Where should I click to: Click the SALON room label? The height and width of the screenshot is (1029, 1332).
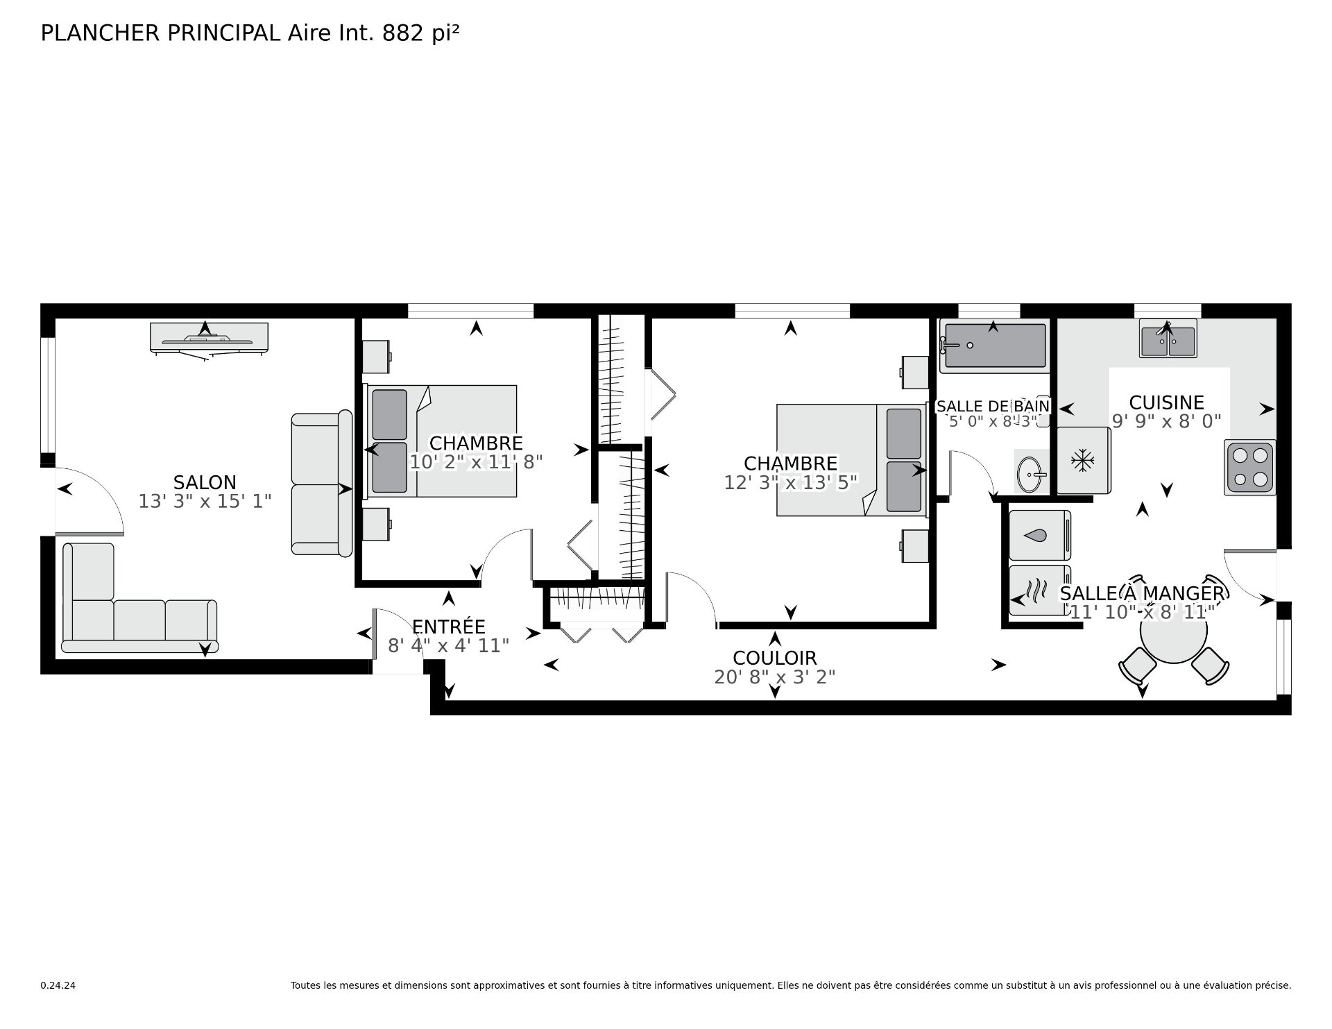[x=205, y=482]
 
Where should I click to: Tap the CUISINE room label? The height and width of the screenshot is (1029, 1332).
[x=1166, y=402]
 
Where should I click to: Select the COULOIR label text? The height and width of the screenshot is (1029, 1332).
[x=774, y=658]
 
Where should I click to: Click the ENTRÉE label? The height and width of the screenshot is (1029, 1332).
[x=448, y=626]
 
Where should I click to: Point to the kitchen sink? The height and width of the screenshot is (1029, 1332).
[x=1168, y=338]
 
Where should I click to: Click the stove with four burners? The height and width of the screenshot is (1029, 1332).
[x=1250, y=467]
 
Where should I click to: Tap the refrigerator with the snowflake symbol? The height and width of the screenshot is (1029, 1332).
[x=1082, y=460]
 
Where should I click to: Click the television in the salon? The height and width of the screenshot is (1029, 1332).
[x=209, y=339]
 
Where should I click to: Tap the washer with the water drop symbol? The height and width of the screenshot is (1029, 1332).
[x=1040, y=535]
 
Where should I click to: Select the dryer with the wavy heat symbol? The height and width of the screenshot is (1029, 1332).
[x=1040, y=590]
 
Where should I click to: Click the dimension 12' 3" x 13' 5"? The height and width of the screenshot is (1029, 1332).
[x=790, y=482]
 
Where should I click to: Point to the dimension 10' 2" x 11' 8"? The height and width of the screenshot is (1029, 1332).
[x=476, y=462]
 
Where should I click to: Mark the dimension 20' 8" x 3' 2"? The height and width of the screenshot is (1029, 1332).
[x=774, y=677]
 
